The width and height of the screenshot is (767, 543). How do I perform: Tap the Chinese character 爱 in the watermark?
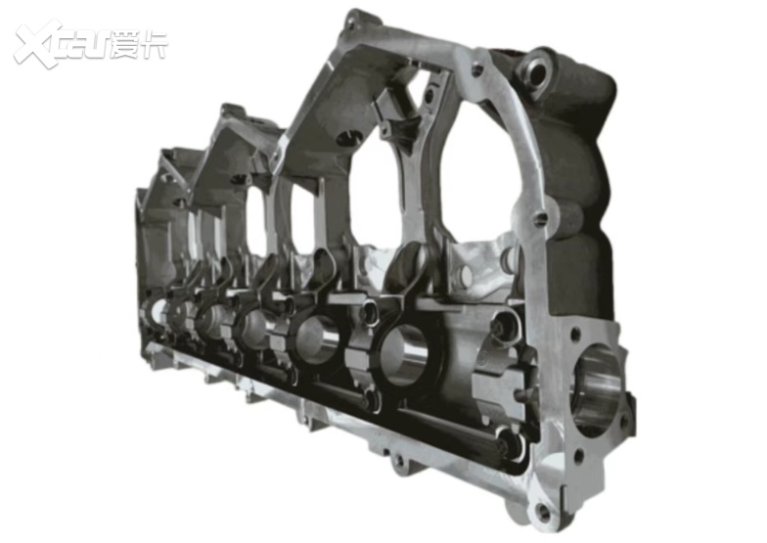tap(125, 45)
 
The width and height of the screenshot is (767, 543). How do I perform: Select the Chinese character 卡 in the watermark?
tap(154, 45)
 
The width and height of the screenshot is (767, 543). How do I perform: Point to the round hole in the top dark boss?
tap(536, 73)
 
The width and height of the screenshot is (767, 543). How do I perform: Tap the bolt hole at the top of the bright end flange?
tap(475, 68)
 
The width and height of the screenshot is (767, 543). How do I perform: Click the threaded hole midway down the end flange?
tap(540, 219)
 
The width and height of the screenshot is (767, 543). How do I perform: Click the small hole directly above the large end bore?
tap(575, 335)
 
